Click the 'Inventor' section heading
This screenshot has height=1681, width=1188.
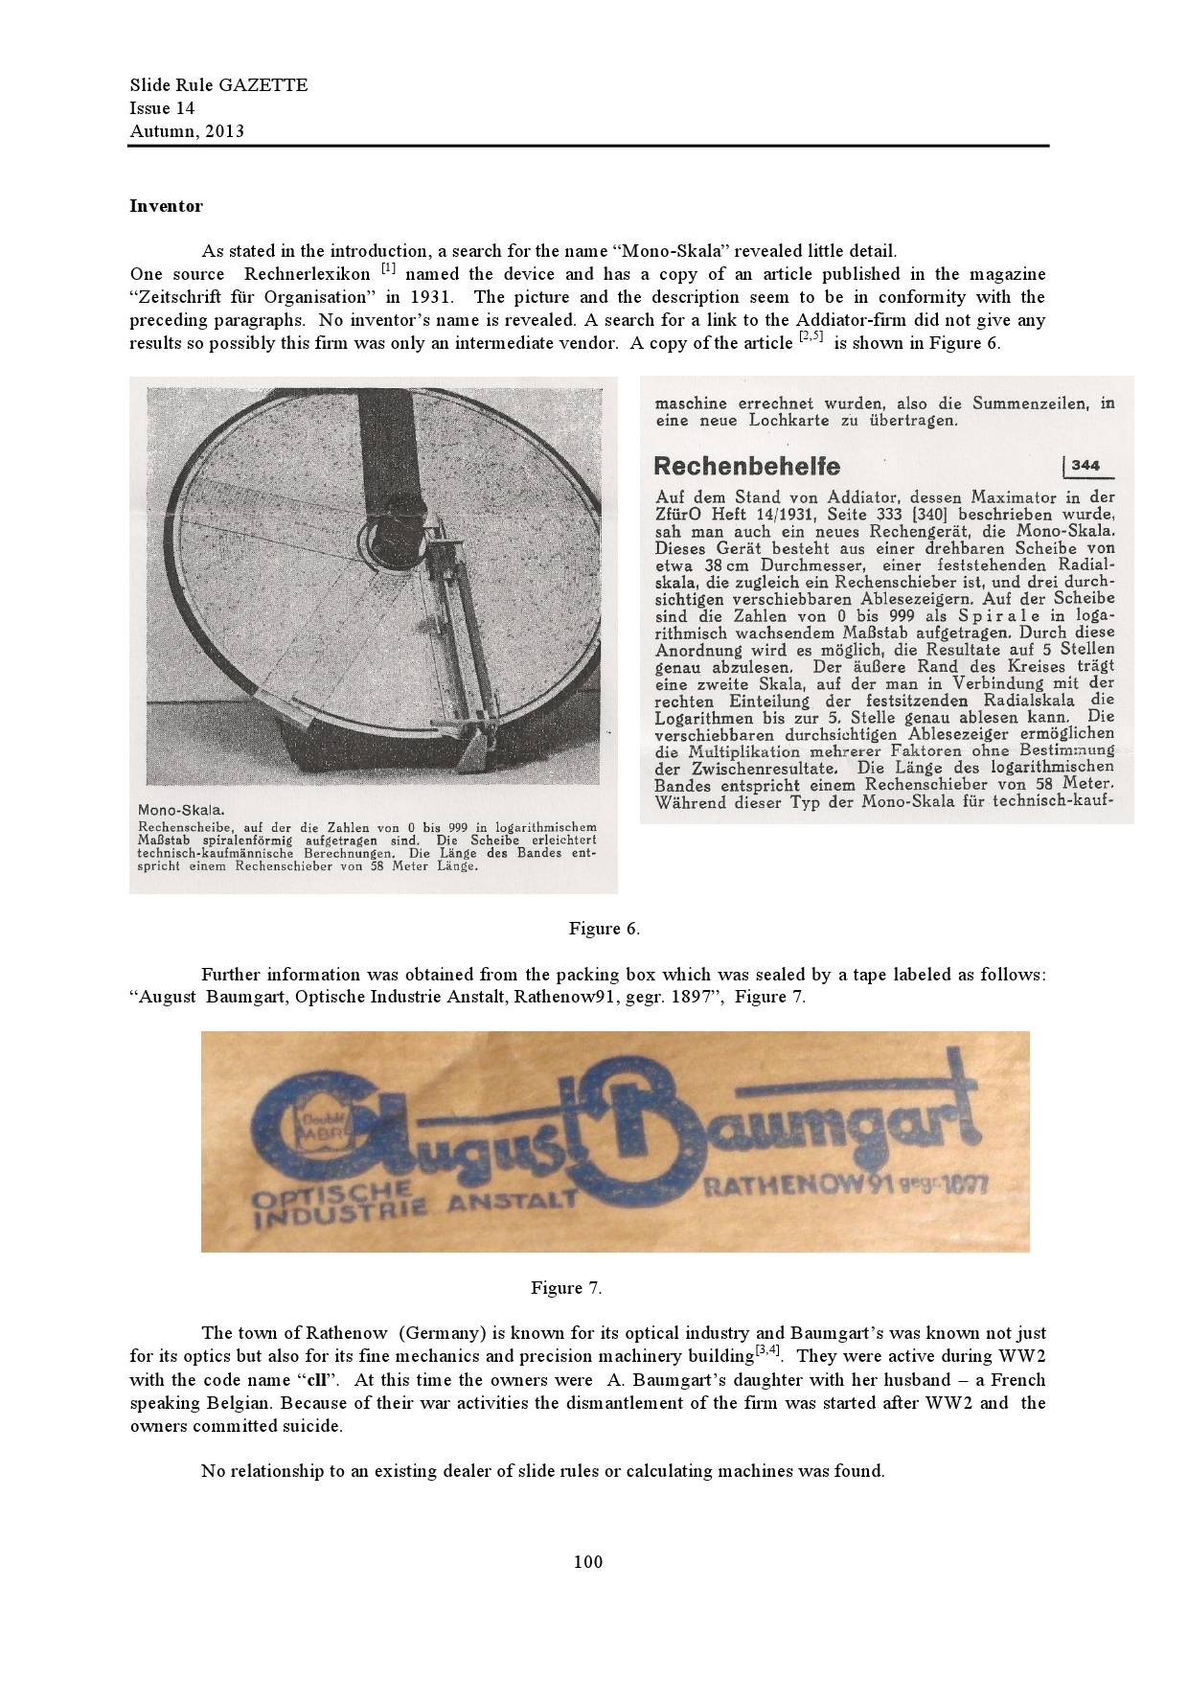click(x=166, y=206)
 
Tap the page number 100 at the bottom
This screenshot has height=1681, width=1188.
click(x=588, y=1561)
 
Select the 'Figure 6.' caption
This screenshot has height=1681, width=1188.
click(x=604, y=928)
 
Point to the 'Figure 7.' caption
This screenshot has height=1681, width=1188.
click(x=566, y=1287)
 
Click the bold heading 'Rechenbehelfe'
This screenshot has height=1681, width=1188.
click(x=746, y=467)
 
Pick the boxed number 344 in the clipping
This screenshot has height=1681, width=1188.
click(x=1085, y=466)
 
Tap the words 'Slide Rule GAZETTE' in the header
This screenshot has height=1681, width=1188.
click(x=218, y=85)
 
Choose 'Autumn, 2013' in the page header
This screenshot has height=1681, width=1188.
click(x=187, y=131)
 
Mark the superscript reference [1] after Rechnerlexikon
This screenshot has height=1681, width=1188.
click(x=388, y=269)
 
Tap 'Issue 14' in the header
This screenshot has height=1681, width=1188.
click(x=162, y=108)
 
